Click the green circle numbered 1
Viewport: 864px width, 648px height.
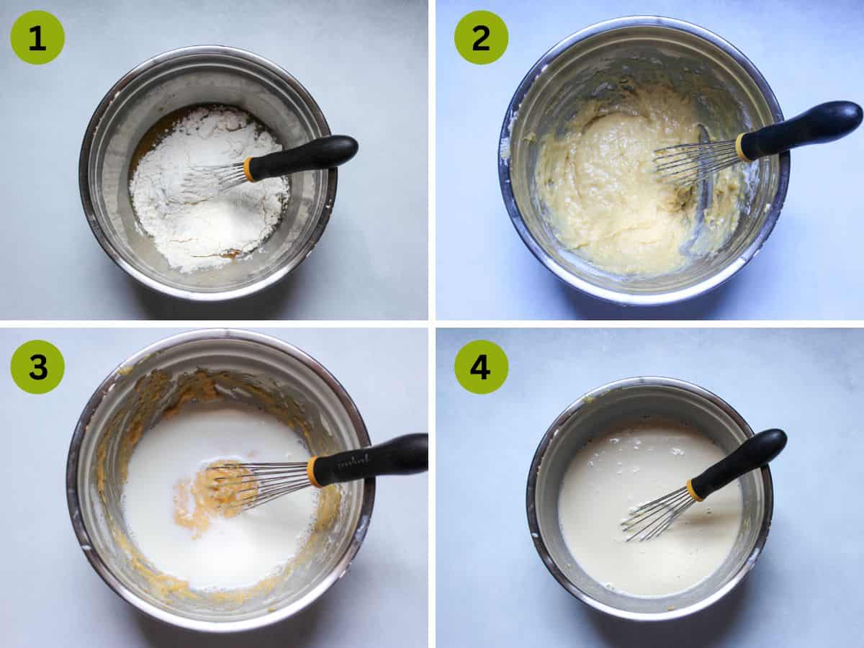[x=37, y=37]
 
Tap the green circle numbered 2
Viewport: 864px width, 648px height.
[x=481, y=37]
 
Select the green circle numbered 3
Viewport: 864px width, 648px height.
[x=37, y=366]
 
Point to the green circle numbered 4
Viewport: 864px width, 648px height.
[x=481, y=366]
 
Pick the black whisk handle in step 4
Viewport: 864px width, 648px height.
[x=742, y=459]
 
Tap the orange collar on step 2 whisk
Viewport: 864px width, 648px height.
[x=742, y=147]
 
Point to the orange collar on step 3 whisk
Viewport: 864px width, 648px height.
[x=314, y=472]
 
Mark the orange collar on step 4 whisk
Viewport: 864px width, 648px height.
[x=694, y=490]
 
